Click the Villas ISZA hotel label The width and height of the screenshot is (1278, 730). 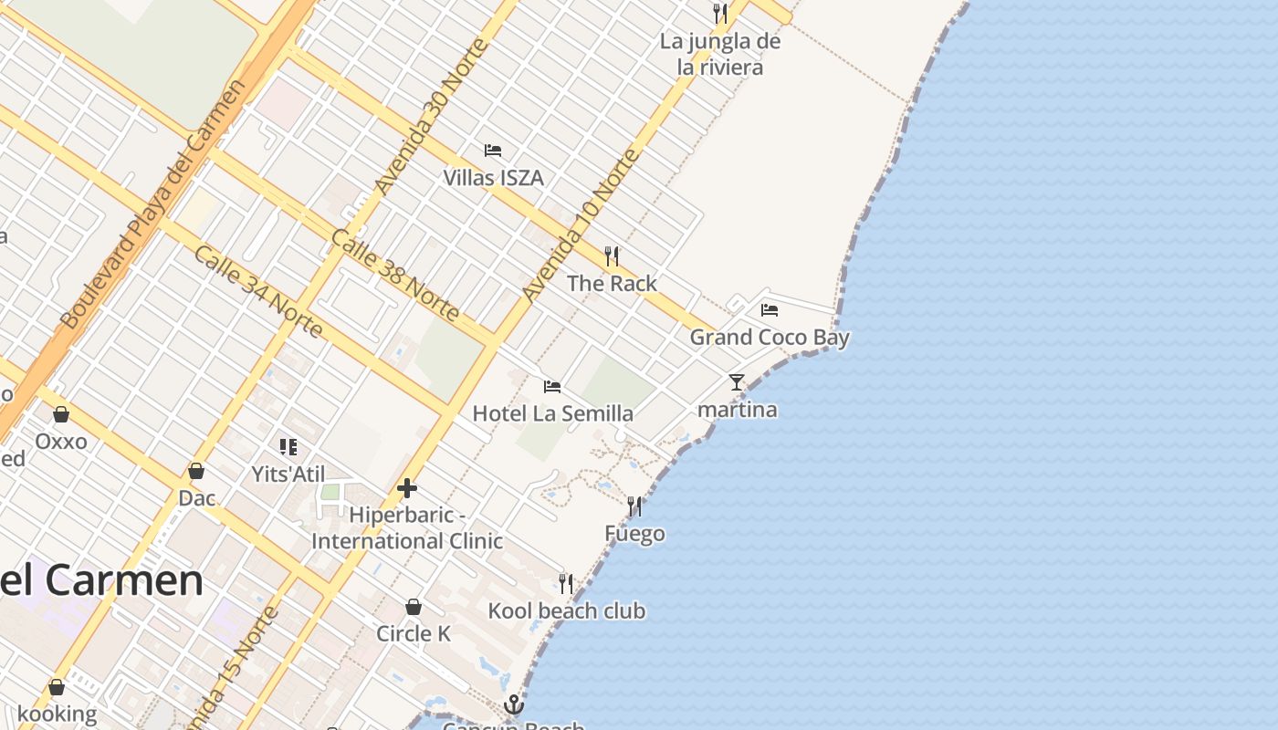pyautogui.click(x=493, y=177)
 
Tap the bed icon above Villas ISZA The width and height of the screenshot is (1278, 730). pyautogui.click(x=493, y=151)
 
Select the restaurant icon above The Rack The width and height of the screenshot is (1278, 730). pyautogui.click(x=612, y=256)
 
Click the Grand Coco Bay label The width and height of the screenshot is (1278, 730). pyautogui.click(x=769, y=338)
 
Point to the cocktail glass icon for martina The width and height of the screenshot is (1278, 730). pyautogui.click(x=737, y=382)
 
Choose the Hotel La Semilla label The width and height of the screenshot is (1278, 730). pyautogui.click(x=552, y=413)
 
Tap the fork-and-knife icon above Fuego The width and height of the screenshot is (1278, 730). pyautogui.click(x=634, y=506)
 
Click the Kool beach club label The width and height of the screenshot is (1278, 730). pyautogui.click(x=566, y=610)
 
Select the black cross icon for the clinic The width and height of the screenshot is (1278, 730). pyautogui.click(x=407, y=489)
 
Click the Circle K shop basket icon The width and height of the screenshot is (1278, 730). pyautogui.click(x=414, y=607)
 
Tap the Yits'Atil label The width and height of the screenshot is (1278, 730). pyautogui.click(x=287, y=474)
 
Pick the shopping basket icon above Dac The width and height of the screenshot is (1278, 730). pyautogui.click(x=196, y=471)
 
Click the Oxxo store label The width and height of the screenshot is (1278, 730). pyautogui.click(x=61, y=442)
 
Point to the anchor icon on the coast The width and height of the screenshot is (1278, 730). pyautogui.click(x=514, y=704)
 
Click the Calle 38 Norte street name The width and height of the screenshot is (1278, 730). pyautogui.click(x=394, y=275)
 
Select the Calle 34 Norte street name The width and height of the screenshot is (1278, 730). pyautogui.click(x=257, y=291)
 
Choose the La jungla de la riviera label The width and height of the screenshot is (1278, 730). pyautogui.click(x=720, y=54)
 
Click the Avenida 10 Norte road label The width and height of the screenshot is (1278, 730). pyautogui.click(x=581, y=225)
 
